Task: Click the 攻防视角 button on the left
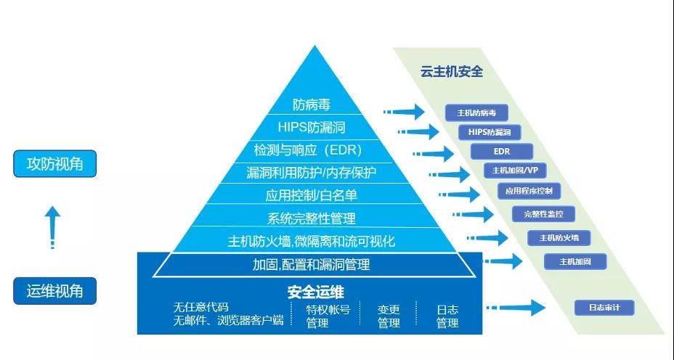pyautogui.click(x=54, y=164)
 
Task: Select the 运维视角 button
pyautogui.click(x=54, y=291)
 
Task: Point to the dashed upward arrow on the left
pyautogui.click(x=52, y=226)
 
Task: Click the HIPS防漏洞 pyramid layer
pyautogui.click(x=311, y=128)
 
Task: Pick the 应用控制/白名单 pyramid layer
pyautogui.click(x=311, y=195)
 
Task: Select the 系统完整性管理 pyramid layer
pyautogui.click(x=311, y=218)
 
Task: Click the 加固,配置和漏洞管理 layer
pyautogui.click(x=311, y=265)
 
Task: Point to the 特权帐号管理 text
pyautogui.click(x=328, y=316)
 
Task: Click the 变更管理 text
pyautogui.click(x=389, y=316)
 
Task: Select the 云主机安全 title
pyautogui.click(x=451, y=72)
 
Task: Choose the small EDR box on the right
pyautogui.click(x=501, y=152)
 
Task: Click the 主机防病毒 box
pyautogui.click(x=476, y=113)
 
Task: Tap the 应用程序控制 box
pyautogui.click(x=529, y=191)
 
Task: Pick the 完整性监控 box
pyautogui.click(x=543, y=214)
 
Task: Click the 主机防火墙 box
pyautogui.click(x=559, y=238)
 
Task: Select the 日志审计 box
pyautogui.click(x=604, y=308)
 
